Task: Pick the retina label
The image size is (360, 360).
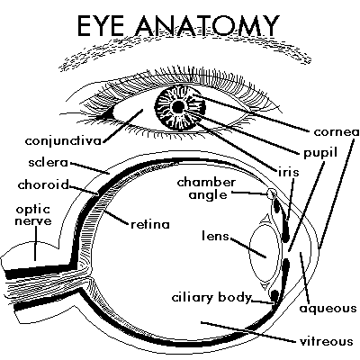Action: (x=149, y=222)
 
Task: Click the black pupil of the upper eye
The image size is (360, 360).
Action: (x=177, y=107)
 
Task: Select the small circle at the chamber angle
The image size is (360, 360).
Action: (x=273, y=193)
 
